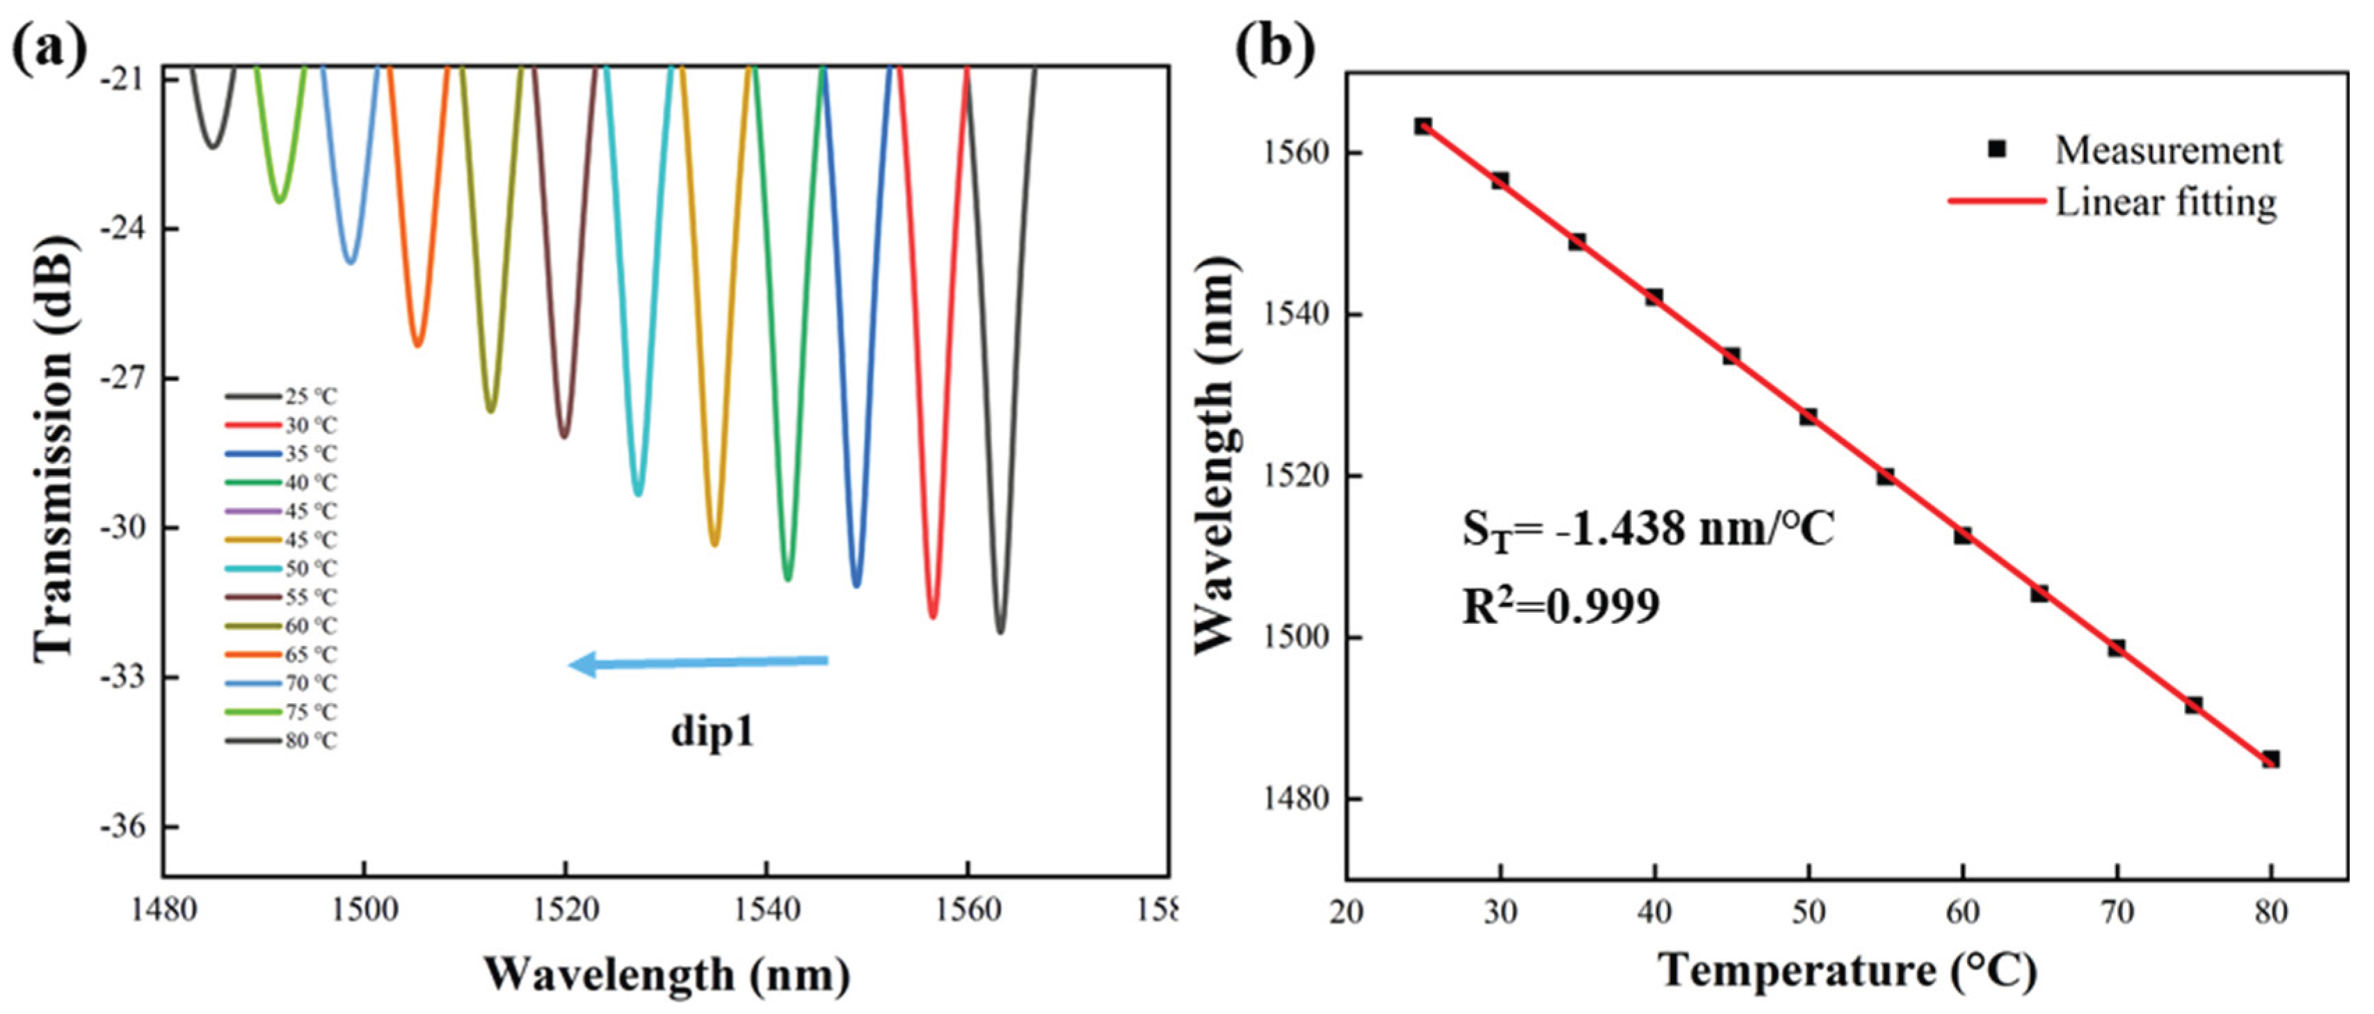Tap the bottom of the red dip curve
click(933, 615)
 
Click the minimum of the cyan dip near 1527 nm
click(638, 493)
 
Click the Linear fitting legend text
click(2166, 202)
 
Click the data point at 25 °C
click(1423, 127)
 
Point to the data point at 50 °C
click(1808, 417)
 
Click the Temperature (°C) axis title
click(1847, 972)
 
